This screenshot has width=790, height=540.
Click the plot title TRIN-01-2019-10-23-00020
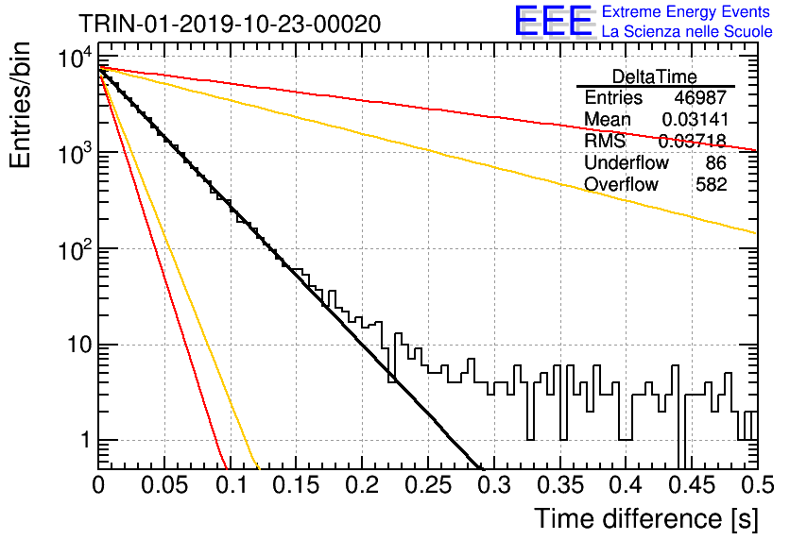click(x=230, y=24)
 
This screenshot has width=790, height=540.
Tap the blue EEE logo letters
click(x=554, y=21)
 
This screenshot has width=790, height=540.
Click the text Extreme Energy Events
click(x=686, y=11)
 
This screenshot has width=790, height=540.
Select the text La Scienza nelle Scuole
click(x=687, y=32)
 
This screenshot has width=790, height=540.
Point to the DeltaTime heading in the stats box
click(x=654, y=76)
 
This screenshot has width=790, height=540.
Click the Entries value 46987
click(x=700, y=97)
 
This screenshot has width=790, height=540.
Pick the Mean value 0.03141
click(x=695, y=119)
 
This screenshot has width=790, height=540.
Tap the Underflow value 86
click(x=716, y=162)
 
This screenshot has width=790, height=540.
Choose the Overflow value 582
click(x=711, y=184)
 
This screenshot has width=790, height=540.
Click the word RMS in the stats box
click(x=605, y=141)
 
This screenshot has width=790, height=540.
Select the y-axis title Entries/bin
click(x=20, y=106)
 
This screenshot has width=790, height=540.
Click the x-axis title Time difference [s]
click(x=646, y=518)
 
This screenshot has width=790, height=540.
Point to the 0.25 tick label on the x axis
click(x=428, y=485)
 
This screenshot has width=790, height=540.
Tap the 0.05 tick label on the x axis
click(x=164, y=485)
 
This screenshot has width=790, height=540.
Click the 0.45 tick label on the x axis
click(x=693, y=485)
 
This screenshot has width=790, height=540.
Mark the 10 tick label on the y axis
click(x=78, y=346)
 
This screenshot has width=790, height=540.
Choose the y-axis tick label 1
click(x=85, y=441)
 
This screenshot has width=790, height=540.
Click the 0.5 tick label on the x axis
click(x=757, y=485)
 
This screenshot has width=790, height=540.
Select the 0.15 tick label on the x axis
click(x=297, y=485)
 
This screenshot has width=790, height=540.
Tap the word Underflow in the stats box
click(x=627, y=162)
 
